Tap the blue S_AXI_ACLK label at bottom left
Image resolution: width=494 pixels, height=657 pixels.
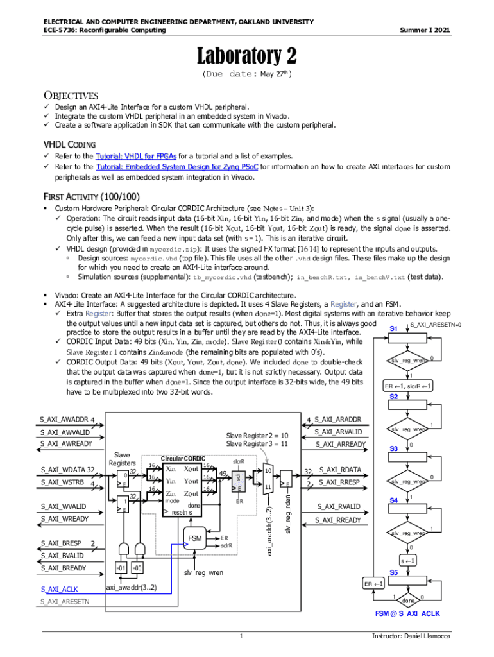tap(59, 588)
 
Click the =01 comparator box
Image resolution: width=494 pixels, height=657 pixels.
tap(120, 568)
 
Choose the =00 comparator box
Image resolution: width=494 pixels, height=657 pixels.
tap(137, 568)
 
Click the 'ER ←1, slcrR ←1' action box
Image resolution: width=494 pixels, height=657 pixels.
tap(407, 386)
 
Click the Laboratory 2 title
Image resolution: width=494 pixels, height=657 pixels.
tap(246, 56)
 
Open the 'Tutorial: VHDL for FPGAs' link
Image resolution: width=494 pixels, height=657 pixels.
tap(136, 156)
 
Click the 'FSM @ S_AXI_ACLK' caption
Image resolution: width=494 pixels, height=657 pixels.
tap(407, 614)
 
